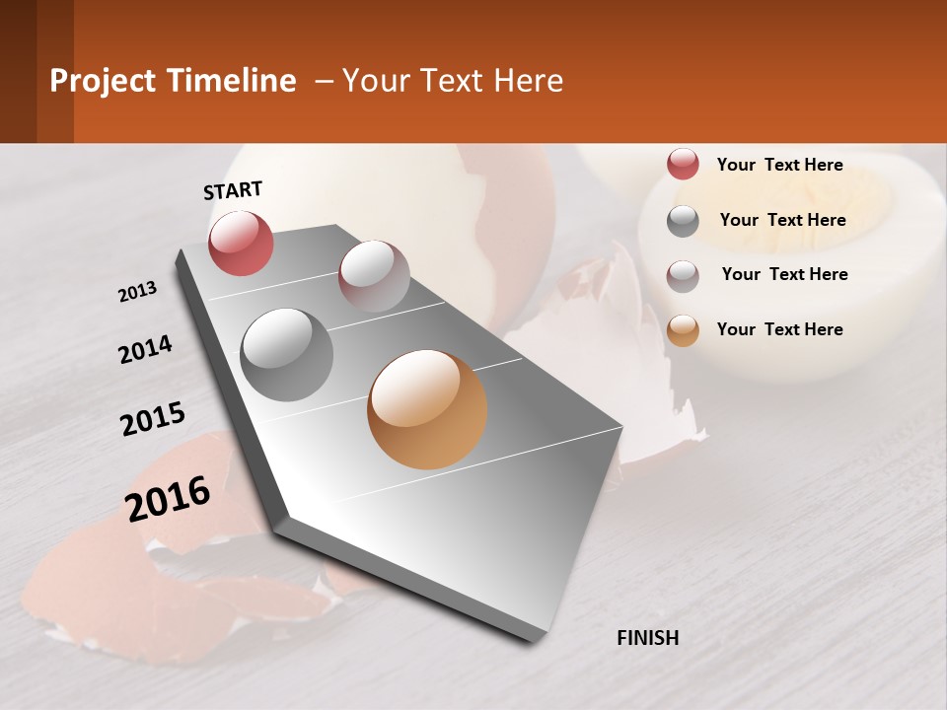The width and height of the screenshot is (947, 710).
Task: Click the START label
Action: click(x=233, y=190)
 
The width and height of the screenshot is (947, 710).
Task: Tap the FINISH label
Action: click(x=647, y=638)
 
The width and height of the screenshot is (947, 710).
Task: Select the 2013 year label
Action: click(x=137, y=292)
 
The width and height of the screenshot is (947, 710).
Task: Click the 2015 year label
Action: click(x=153, y=419)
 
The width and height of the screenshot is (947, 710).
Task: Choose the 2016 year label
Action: click(x=169, y=499)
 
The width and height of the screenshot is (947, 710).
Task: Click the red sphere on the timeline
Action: click(x=241, y=243)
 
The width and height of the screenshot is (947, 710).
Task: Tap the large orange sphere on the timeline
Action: click(x=427, y=409)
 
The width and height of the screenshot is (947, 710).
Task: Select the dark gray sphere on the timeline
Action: click(x=286, y=354)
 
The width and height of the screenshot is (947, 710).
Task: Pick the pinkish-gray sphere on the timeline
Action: click(x=374, y=275)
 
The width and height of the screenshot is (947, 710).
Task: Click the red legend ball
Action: click(x=683, y=164)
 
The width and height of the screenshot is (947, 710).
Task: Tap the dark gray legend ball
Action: click(x=683, y=221)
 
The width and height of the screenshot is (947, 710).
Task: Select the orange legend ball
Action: click(x=683, y=330)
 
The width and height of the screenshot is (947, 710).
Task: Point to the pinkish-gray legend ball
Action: click(x=683, y=276)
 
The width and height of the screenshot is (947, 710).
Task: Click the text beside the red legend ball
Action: click(x=779, y=165)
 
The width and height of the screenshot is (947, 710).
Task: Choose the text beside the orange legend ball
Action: click(x=779, y=329)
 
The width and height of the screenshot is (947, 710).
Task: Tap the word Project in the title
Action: click(x=103, y=81)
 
